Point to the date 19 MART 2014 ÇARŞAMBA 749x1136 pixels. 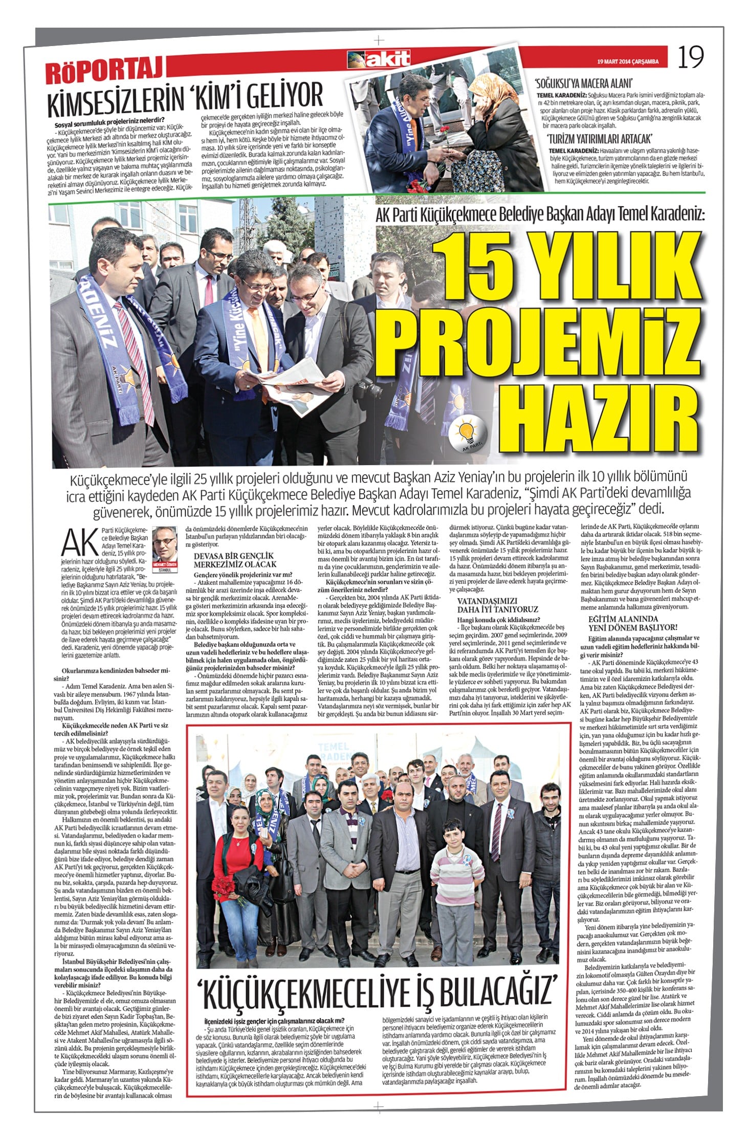pyautogui.click(x=628, y=62)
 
